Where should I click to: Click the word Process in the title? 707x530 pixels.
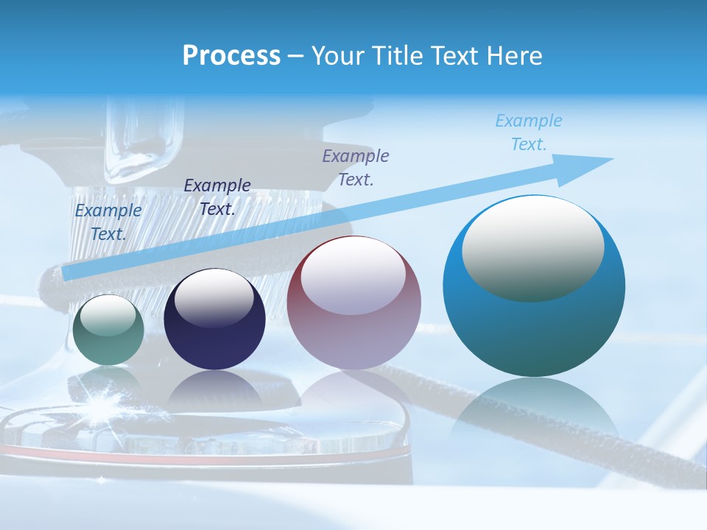point(231,56)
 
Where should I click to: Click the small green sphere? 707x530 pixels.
point(108,331)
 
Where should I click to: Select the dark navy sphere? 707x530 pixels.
point(214,320)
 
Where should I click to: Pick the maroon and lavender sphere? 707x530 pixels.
point(354,303)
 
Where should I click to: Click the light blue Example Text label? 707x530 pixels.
point(529,132)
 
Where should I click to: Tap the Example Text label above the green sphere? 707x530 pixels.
point(108,222)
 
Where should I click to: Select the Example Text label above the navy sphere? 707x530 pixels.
point(217,197)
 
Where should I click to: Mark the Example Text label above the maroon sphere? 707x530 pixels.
point(356,167)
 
